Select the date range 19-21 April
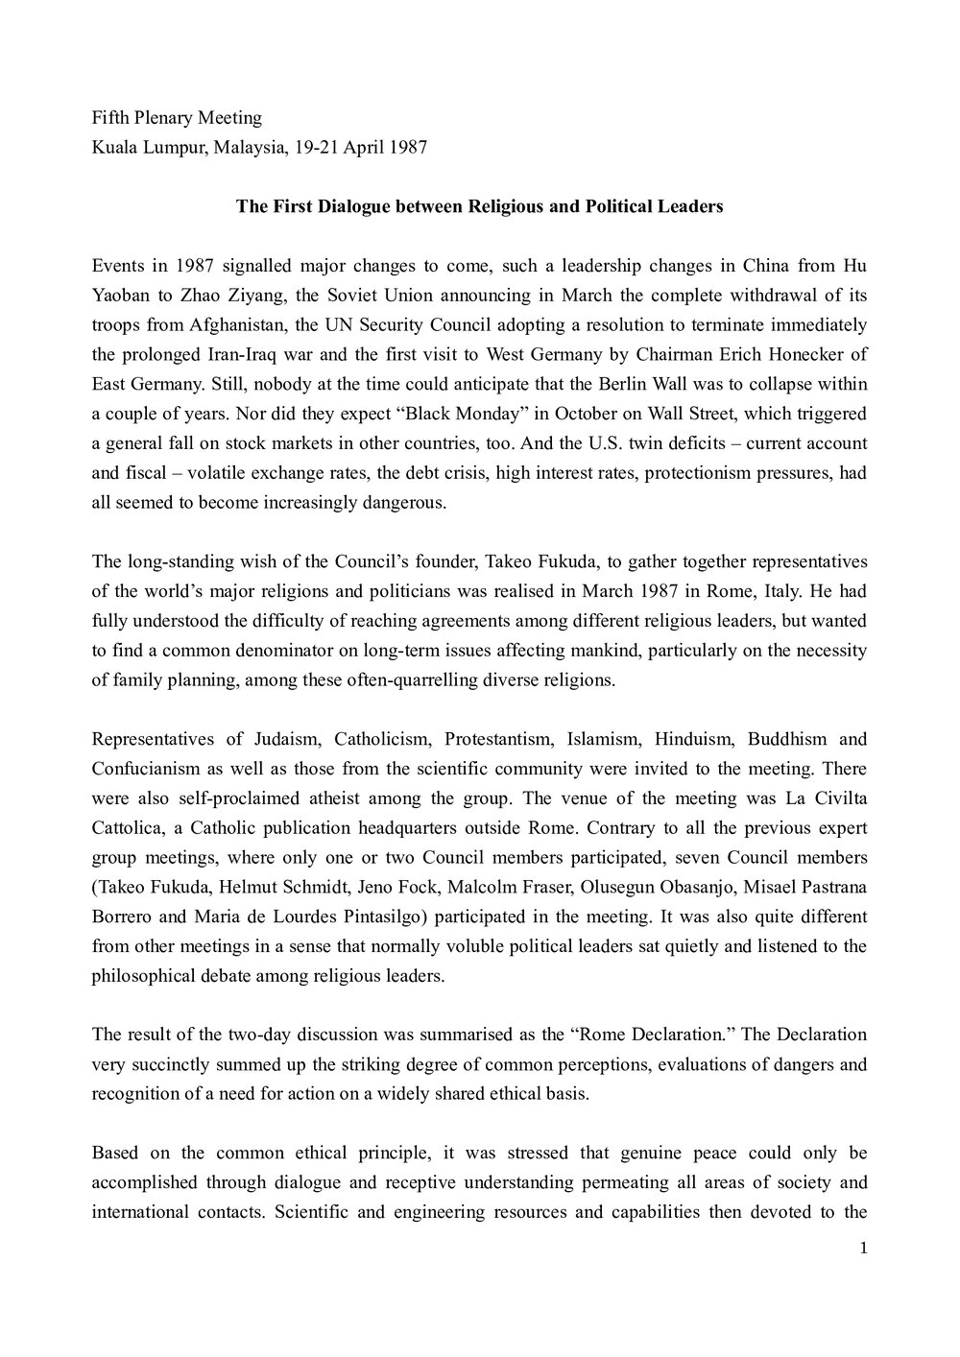click(335, 147)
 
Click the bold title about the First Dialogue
click(479, 206)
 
